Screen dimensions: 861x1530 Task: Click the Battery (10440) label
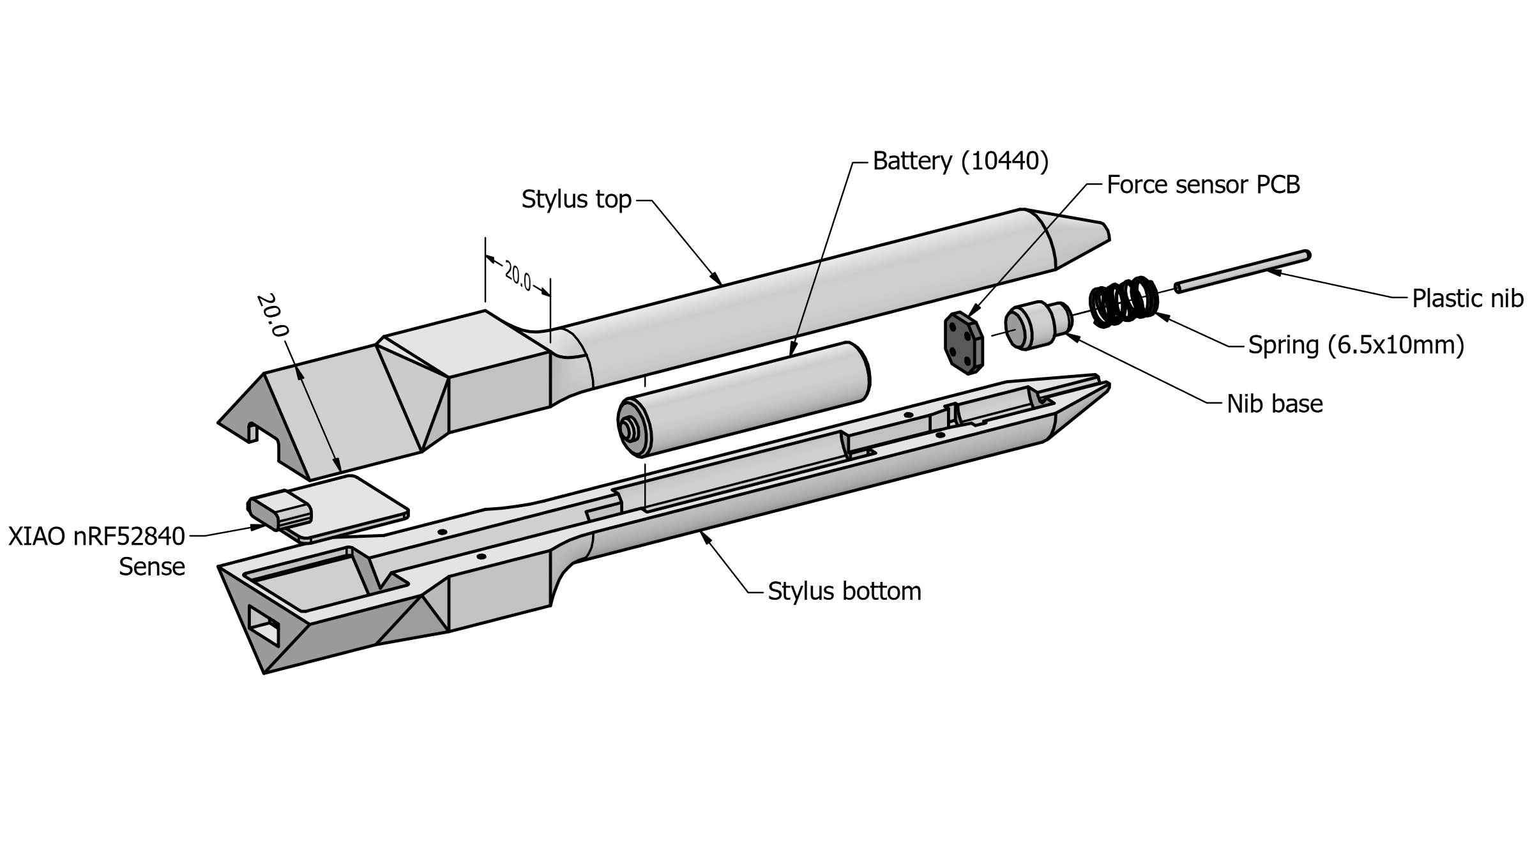point(960,162)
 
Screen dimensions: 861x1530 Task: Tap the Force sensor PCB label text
point(1203,185)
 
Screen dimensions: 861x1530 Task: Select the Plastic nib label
point(1467,298)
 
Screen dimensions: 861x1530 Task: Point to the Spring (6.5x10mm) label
point(1356,345)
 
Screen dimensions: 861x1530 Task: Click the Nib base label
point(1275,404)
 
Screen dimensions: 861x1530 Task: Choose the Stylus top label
point(576,199)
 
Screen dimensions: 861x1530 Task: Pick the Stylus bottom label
point(844,591)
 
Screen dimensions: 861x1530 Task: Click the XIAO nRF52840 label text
point(96,537)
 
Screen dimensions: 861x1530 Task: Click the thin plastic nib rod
point(1242,271)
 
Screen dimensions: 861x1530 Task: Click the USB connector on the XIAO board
point(280,511)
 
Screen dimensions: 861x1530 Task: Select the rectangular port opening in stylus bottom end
point(263,624)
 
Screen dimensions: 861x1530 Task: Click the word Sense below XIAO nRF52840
point(152,567)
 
